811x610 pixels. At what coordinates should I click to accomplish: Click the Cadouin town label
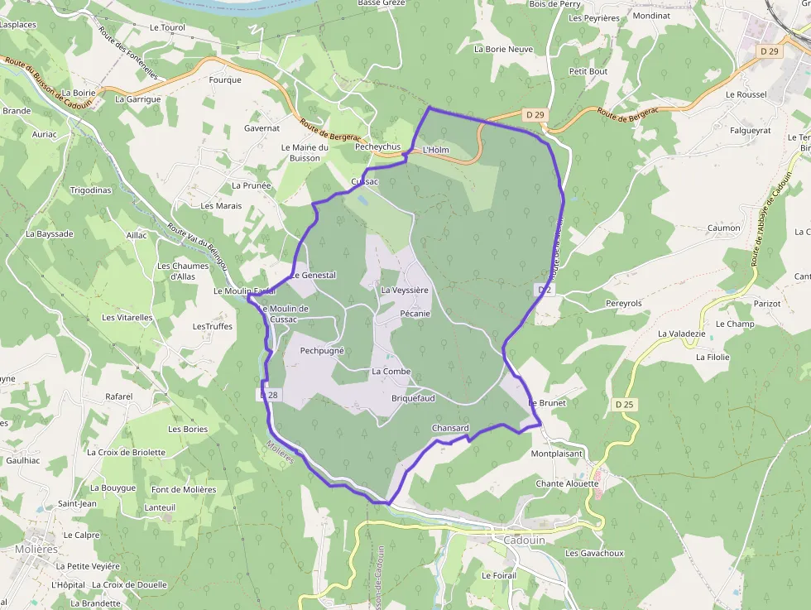(x=525, y=540)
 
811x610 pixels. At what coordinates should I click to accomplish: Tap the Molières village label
(x=36, y=549)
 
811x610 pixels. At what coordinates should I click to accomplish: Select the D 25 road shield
(x=624, y=404)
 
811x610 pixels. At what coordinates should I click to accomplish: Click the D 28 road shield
(x=268, y=396)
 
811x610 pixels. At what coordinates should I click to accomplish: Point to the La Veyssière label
(x=405, y=291)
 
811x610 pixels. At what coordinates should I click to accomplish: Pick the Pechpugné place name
(x=322, y=351)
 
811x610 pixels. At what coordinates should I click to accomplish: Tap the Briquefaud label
(x=413, y=398)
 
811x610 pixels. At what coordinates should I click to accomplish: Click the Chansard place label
(x=450, y=428)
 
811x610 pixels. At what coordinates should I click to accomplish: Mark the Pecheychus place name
(x=377, y=146)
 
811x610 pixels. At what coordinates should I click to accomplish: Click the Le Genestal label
(x=313, y=275)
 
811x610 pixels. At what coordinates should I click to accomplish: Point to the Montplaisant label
(x=557, y=454)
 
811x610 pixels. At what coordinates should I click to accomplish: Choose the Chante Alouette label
(x=567, y=483)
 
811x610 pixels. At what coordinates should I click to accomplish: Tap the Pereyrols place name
(x=624, y=304)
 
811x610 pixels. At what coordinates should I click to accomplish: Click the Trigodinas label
(x=90, y=190)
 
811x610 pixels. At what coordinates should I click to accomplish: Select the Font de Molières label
(x=184, y=489)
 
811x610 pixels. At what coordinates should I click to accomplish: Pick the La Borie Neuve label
(x=503, y=49)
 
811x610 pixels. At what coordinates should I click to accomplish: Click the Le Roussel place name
(x=746, y=94)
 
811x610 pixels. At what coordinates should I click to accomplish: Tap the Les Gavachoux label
(x=594, y=553)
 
